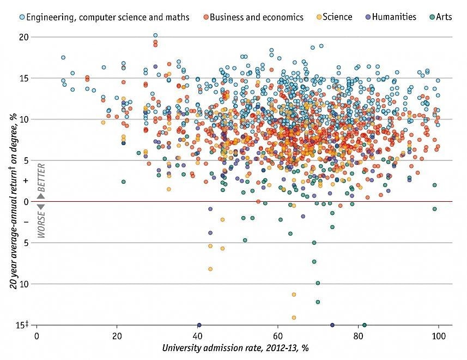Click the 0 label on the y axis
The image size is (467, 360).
[x=26, y=202]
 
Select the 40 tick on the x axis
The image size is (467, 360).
[x=197, y=335]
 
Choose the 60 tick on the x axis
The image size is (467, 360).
[x=278, y=335]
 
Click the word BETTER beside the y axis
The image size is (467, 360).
[x=41, y=176]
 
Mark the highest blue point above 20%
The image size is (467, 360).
[x=155, y=35]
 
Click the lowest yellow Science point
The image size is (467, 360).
[x=294, y=317]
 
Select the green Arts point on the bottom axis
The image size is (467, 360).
[x=364, y=325]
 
